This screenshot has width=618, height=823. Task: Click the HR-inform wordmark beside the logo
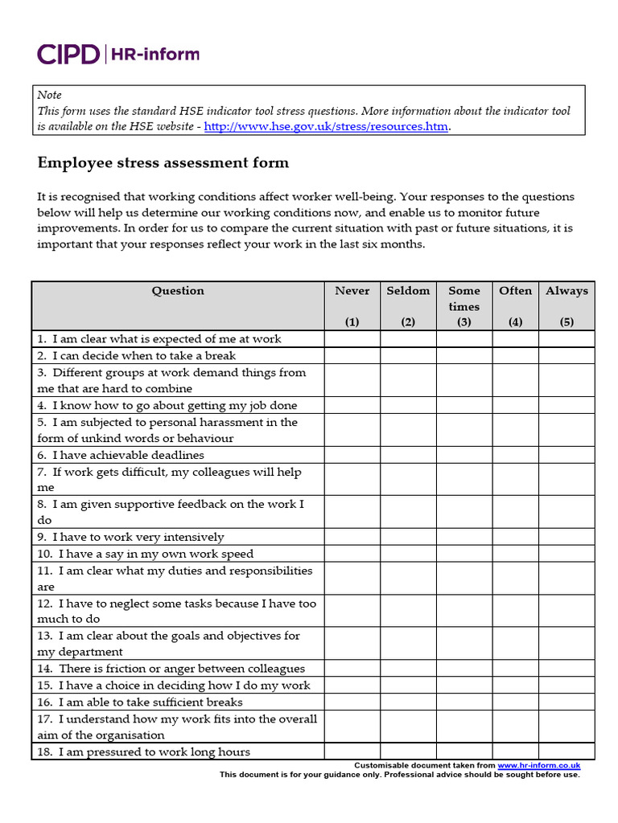(154, 54)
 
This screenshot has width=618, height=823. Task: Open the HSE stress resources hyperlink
(326, 126)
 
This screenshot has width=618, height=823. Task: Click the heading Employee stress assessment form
(163, 163)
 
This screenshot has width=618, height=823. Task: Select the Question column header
(178, 291)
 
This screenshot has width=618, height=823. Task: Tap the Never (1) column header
(352, 305)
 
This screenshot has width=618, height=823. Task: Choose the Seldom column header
(408, 305)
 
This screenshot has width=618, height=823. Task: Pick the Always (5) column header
(566, 305)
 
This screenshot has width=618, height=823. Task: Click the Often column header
(515, 305)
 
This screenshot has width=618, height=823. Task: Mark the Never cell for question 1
(352, 339)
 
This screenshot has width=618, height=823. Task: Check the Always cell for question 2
(566, 355)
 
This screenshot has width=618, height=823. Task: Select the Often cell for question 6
(515, 455)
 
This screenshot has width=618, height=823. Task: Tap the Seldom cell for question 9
(408, 537)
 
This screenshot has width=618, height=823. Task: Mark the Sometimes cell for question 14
(464, 669)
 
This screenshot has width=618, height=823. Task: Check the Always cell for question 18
(566, 751)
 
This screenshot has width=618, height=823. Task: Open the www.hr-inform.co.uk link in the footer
(538, 766)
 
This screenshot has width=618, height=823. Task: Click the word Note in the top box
(49, 95)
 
